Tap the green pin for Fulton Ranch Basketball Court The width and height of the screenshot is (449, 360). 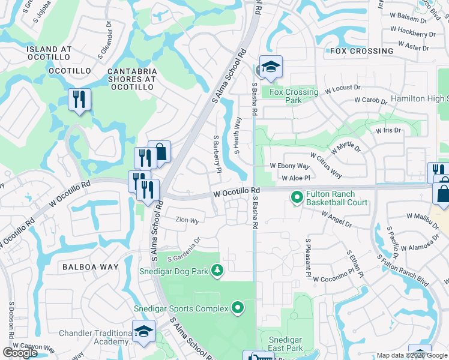[x=297, y=197]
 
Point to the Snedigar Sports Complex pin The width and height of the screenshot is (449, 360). [x=238, y=308]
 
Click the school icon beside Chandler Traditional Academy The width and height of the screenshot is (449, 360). [x=144, y=332]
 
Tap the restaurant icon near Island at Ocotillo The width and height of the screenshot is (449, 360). [x=79, y=100]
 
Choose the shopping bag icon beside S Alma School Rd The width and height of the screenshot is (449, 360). [x=160, y=152]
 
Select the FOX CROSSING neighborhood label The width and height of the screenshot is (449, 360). [x=362, y=51]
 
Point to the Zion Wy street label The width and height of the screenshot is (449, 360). [x=187, y=220]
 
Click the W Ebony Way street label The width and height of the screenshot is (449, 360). [x=289, y=166]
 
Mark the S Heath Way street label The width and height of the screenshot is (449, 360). [x=238, y=135]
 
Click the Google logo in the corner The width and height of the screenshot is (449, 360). [x=20, y=353]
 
